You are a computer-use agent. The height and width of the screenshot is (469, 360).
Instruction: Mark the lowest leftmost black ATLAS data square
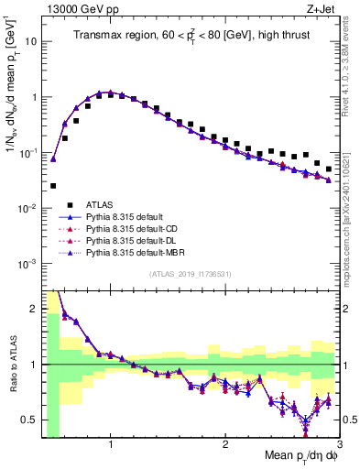[x=53, y=186]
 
